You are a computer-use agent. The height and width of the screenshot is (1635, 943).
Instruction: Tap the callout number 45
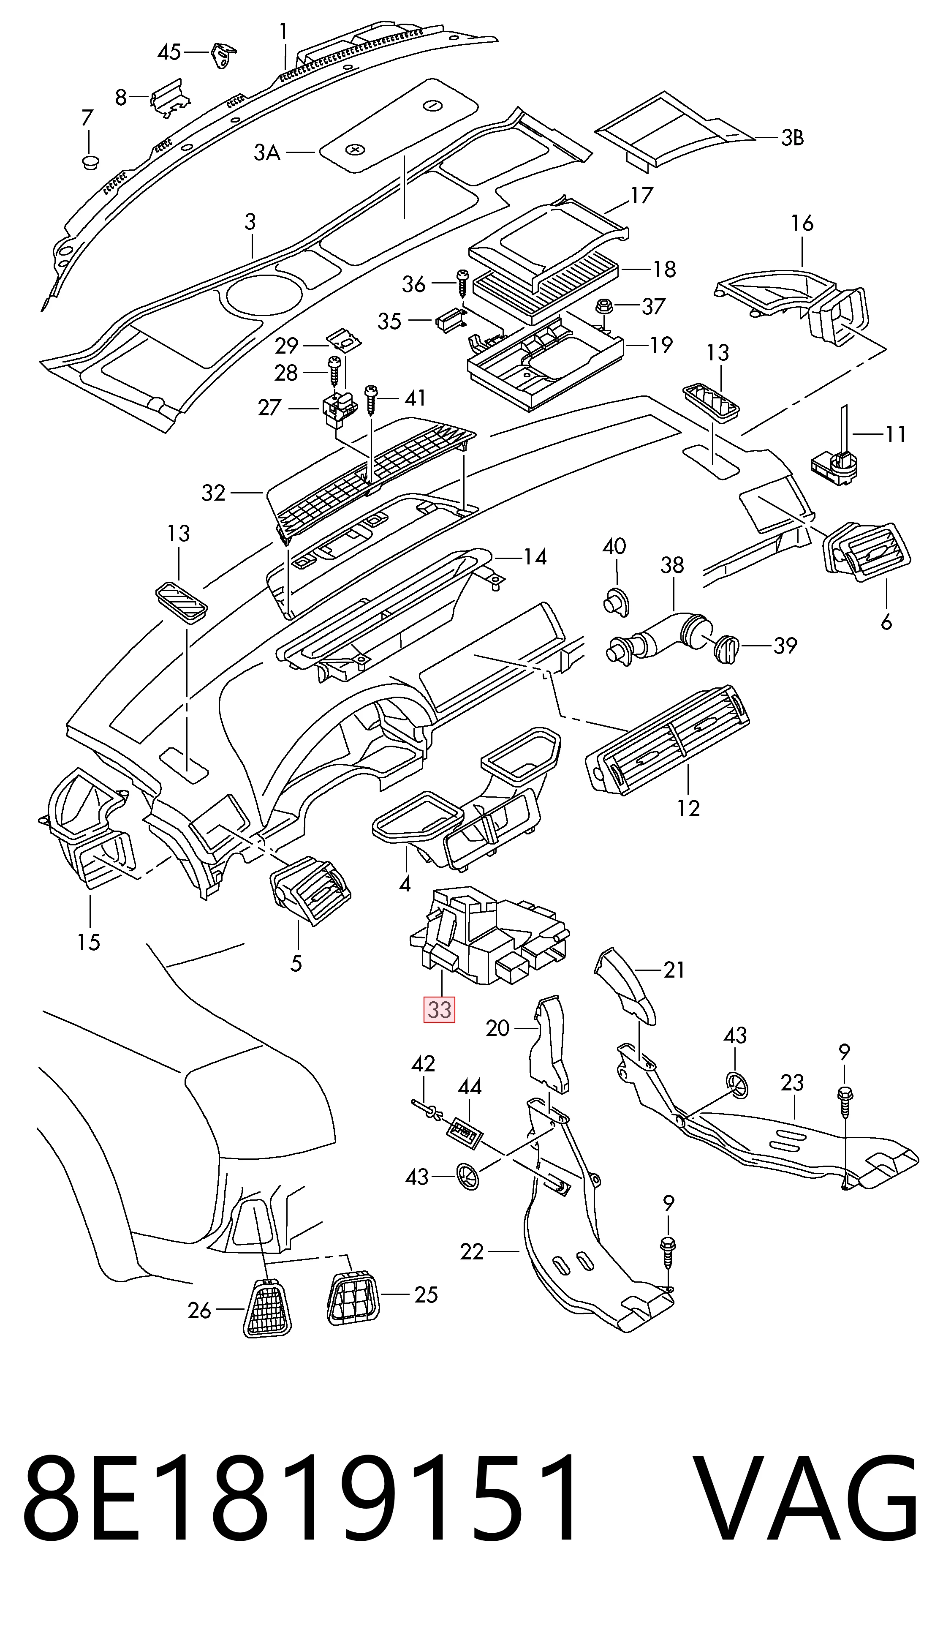click(170, 52)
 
